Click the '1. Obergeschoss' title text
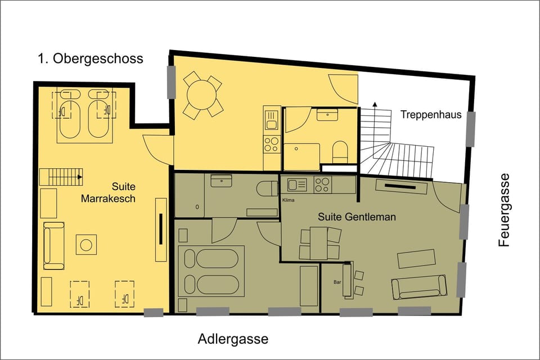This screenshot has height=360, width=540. (90, 58)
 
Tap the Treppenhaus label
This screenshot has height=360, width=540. (431, 115)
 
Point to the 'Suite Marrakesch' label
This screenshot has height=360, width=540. (107, 192)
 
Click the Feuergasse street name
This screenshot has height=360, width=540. (504, 210)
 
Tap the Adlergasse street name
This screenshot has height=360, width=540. (233, 340)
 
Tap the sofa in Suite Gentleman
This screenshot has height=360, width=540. (419, 287)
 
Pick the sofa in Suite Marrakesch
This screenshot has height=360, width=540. (53, 245)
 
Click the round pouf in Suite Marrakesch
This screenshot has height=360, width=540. (86, 244)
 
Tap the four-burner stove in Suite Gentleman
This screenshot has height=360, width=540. (322, 183)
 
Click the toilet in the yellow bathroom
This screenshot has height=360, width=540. (340, 152)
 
